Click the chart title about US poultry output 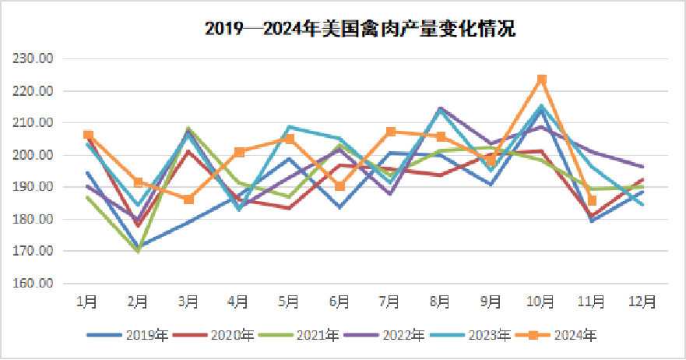coord(360,29)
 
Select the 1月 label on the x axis coord(87,301)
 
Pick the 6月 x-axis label coord(339,301)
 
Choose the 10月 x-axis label coord(541,301)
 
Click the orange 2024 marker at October coord(542,79)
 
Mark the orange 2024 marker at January coord(88,135)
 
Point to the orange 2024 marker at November coord(592,201)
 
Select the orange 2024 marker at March coord(188,199)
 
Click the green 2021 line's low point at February coord(138,251)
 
